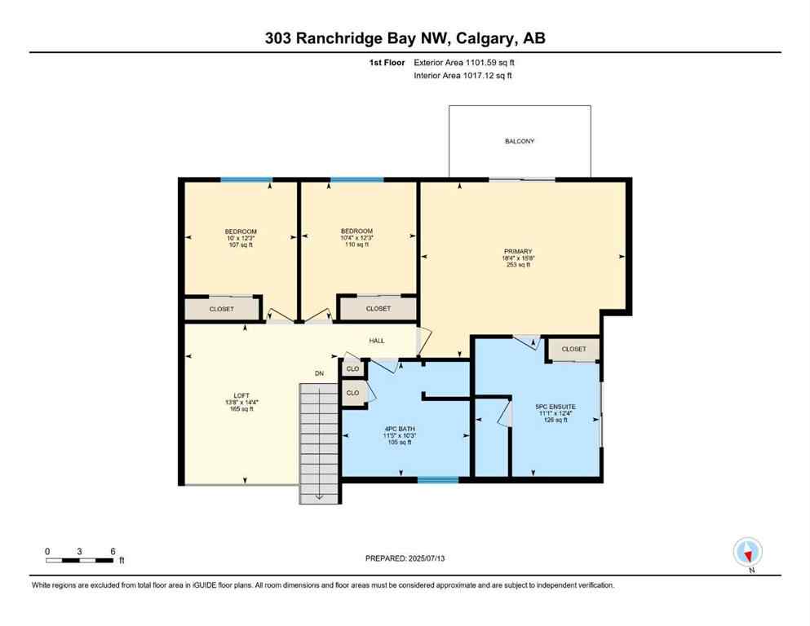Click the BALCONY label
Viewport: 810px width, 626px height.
[x=519, y=141]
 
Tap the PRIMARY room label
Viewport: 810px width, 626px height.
[x=518, y=251]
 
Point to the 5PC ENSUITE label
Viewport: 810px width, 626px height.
[x=555, y=406]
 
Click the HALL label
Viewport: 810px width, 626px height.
[x=377, y=341]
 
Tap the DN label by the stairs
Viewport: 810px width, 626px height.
[x=321, y=374]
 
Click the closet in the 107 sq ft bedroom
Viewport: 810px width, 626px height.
[x=222, y=309]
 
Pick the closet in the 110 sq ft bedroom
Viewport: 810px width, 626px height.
[x=378, y=309]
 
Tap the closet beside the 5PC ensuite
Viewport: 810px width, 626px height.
[x=573, y=349]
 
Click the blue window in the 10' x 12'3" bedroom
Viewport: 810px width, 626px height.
[x=246, y=179]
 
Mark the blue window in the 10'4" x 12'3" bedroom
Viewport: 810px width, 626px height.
[x=356, y=179]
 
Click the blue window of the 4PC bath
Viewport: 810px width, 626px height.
[x=438, y=480]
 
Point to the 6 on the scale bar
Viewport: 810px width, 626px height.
[x=112, y=551]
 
